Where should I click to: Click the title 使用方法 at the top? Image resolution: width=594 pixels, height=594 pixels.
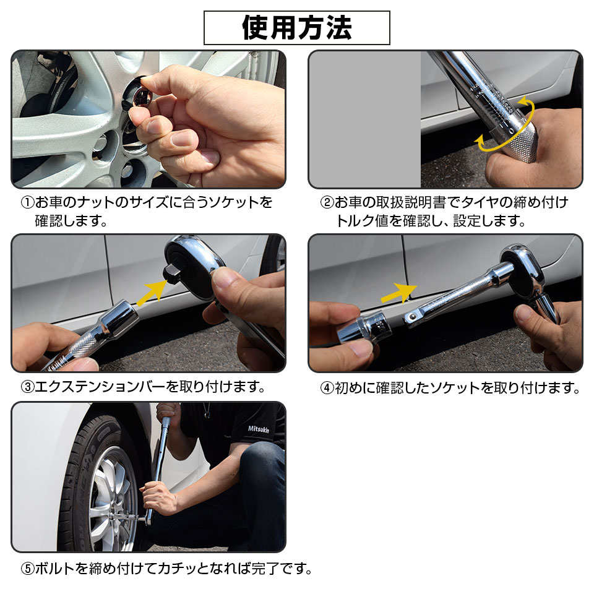297,28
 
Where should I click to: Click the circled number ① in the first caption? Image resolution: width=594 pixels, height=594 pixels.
27,203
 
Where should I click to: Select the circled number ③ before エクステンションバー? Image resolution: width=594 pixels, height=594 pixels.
27,387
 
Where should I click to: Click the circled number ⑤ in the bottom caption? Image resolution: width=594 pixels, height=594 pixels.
27,568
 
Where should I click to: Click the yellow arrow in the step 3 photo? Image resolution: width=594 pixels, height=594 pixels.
152,291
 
